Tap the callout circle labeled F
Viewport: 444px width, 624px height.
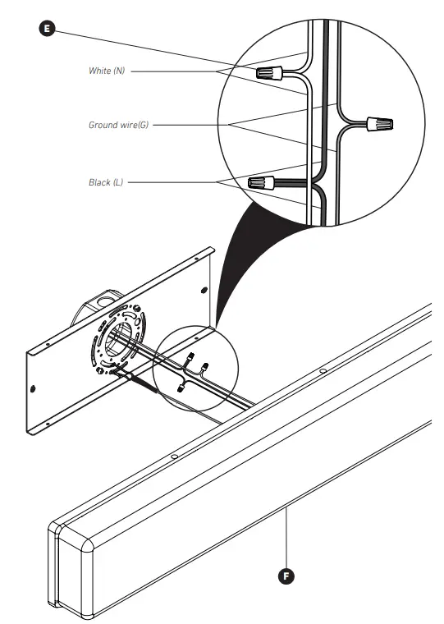click(286, 575)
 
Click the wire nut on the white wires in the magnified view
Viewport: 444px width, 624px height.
click(271, 74)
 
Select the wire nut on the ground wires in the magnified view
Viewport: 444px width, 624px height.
click(378, 126)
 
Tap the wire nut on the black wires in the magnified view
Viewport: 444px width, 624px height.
click(261, 181)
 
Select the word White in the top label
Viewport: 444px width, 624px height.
click(100, 71)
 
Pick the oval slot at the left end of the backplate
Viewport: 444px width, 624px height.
click(32, 385)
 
